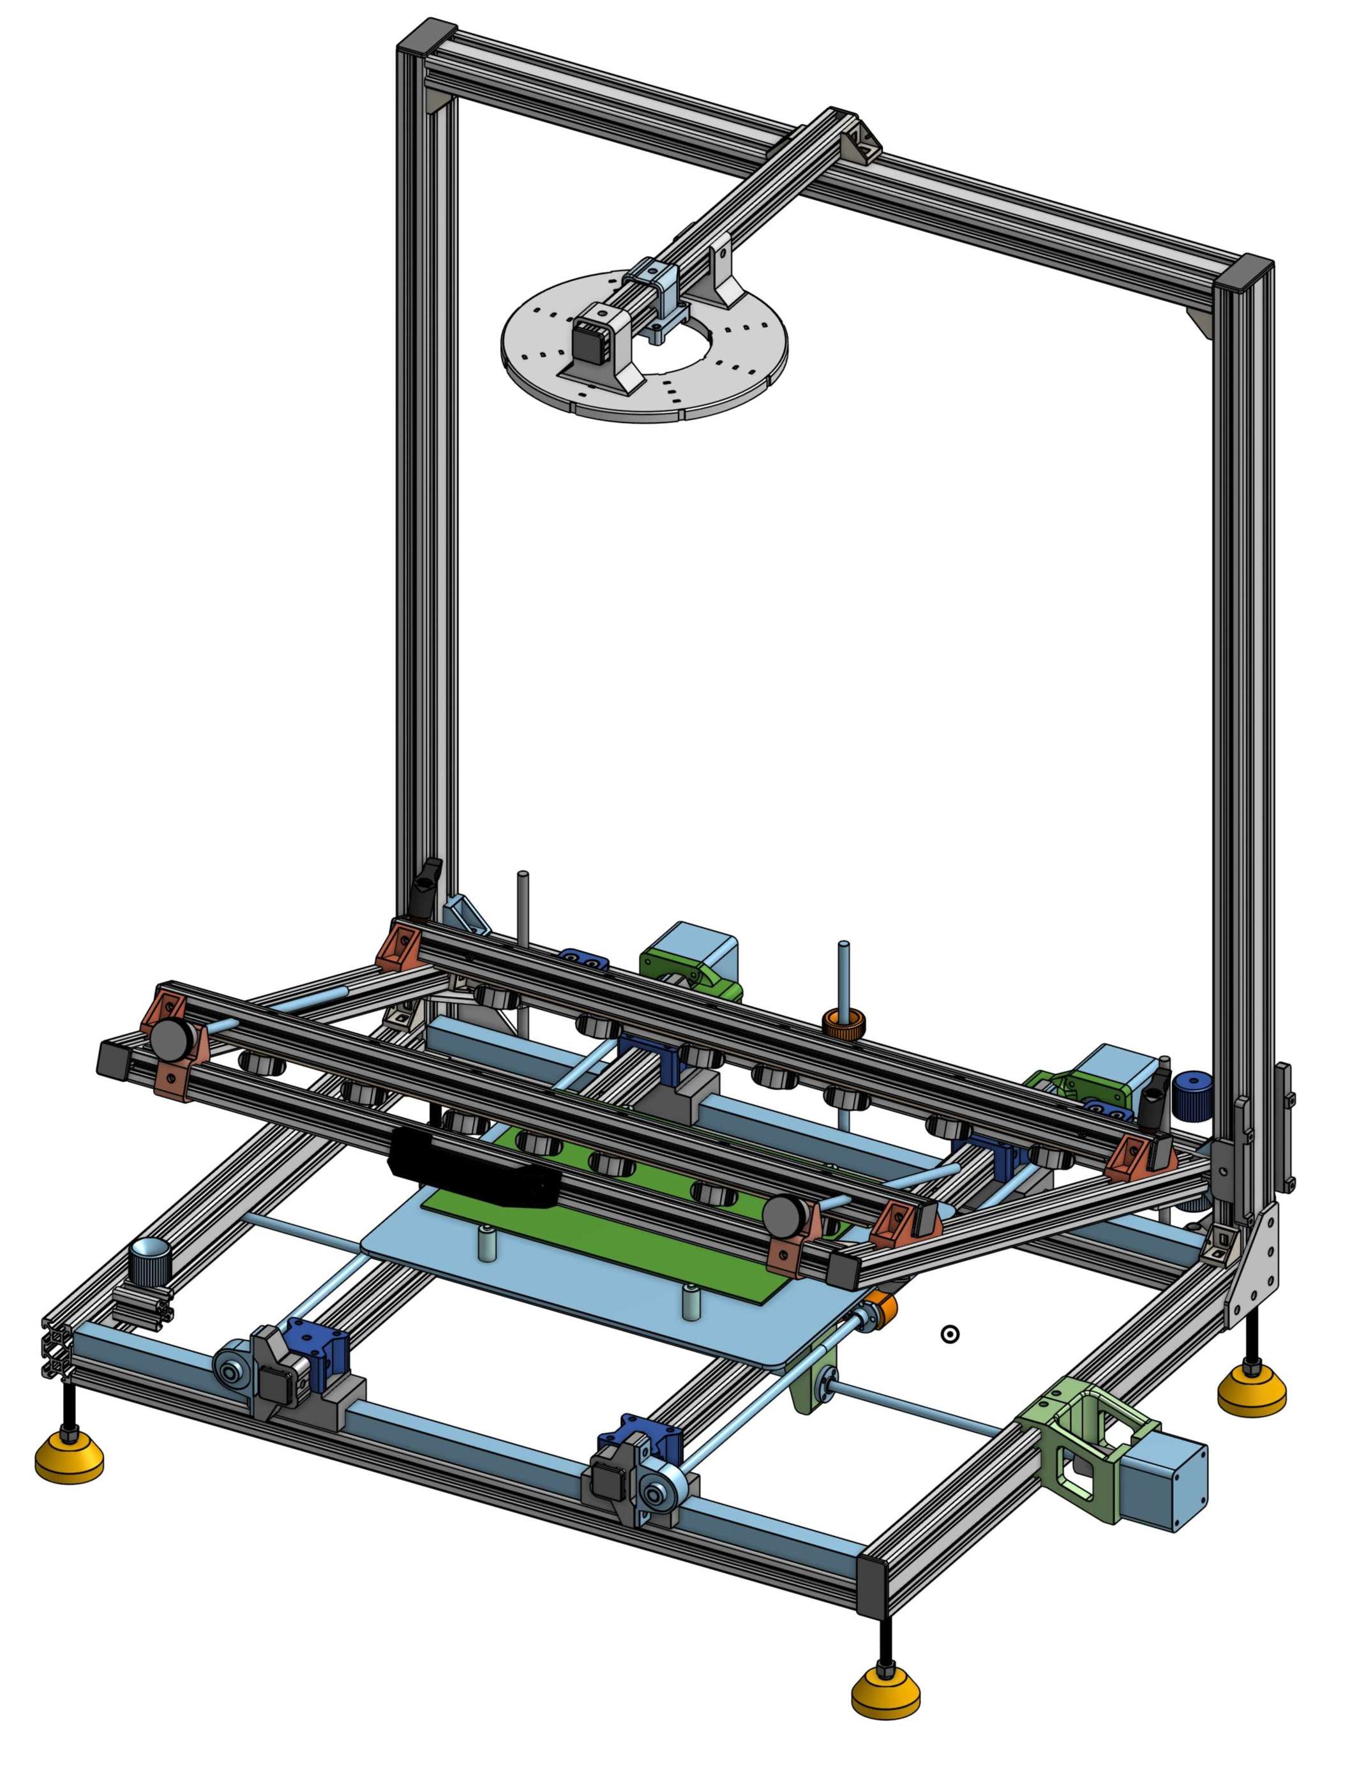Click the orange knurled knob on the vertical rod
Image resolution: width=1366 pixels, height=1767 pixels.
(844, 1023)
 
